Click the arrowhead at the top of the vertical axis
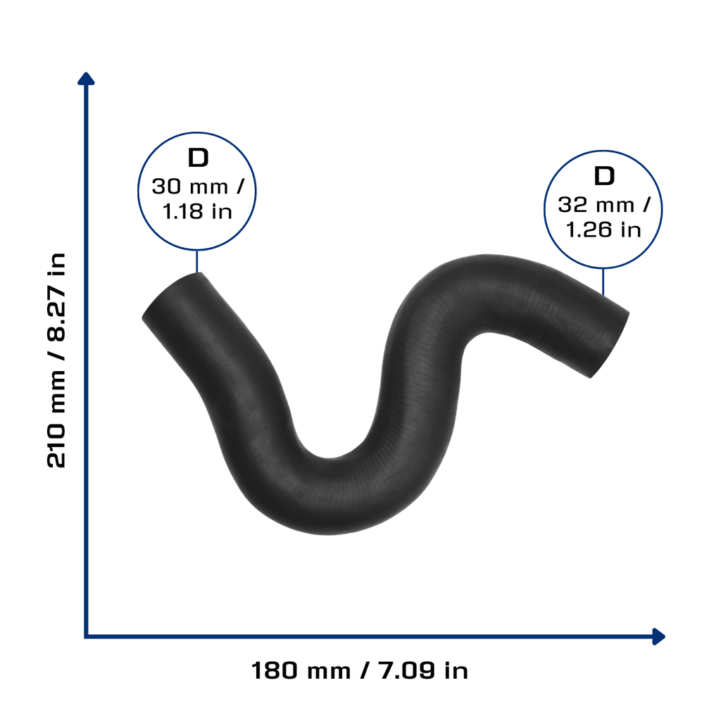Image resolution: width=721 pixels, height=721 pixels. click(x=86, y=79)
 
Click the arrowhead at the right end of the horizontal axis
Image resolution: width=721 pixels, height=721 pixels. click(x=658, y=637)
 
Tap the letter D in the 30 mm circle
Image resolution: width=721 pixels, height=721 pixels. click(x=198, y=158)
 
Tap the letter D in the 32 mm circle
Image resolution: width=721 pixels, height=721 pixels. click(x=604, y=176)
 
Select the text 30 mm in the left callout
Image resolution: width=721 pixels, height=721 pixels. click(x=190, y=187)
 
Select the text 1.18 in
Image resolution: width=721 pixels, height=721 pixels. click(x=197, y=211)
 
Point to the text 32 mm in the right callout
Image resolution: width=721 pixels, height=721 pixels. click(x=596, y=205)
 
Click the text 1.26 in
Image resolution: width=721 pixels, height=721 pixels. click(x=603, y=230)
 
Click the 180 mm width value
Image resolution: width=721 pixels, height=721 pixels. click(x=301, y=670)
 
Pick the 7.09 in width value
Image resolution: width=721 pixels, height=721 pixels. click(x=423, y=670)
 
